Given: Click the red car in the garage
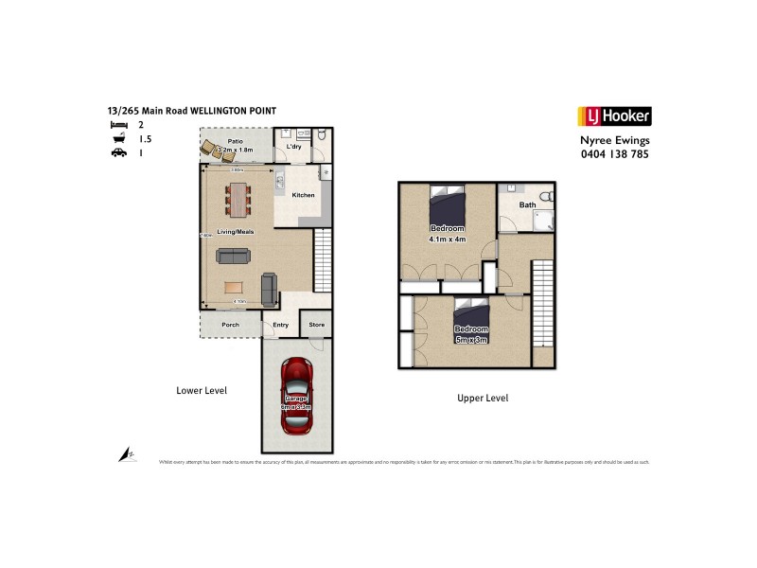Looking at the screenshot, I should pos(297,395).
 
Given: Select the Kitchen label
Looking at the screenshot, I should pos(303,196).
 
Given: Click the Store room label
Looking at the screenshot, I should pos(317,326).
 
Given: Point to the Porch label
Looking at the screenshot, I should pos(230,326).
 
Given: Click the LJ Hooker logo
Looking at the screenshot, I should pos(614,116).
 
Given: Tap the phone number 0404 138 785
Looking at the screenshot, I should pos(614,153).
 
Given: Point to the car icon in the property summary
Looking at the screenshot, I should pos(118,152).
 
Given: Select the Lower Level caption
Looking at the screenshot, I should pos(202,390).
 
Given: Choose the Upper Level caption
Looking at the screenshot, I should pos(483,399).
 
